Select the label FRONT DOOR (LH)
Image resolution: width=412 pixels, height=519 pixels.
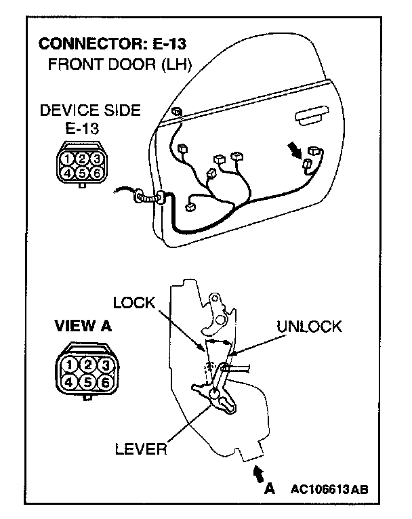coord(120,65)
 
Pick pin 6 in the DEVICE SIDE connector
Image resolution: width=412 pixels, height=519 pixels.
coord(97,173)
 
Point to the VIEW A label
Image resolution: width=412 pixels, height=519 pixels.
coord(82,326)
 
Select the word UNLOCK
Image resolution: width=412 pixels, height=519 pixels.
coord(310,327)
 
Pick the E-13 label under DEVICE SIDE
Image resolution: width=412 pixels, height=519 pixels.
coord(81,128)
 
